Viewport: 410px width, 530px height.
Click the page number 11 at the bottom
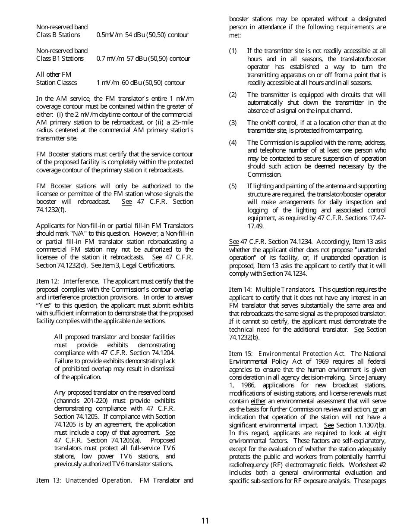(205, 521)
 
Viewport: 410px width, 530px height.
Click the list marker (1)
(233, 51)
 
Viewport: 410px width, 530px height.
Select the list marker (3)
(233, 123)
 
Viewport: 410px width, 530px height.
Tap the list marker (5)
(233, 186)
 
